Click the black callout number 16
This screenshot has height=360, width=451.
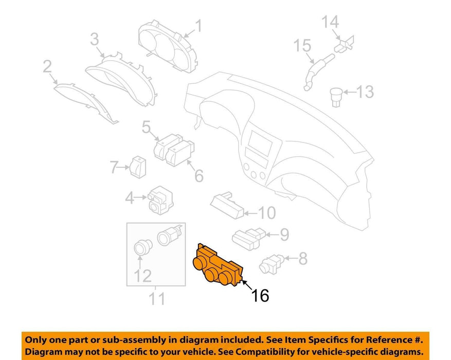pyautogui.click(x=260, y=295)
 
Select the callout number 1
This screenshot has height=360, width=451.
pyautogui.click(x=199, y=26)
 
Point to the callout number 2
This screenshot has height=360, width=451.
pyautogui.click(x=47, y=66)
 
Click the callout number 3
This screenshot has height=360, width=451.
pyautogui.click(x=95, y=39)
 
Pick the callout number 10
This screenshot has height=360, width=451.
pyautogui.click(x=267, y=213)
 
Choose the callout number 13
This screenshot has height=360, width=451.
pyautogui.click(x=365, y=92)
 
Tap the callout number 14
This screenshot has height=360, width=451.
pyautogui.click(x=330, y=22)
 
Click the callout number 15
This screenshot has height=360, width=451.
pyautogui.click(x=302, y=45)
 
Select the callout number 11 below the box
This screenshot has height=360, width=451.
pyautogui.click(x=157, y=298)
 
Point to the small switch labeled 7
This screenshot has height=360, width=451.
pyautogui.click(x=138, y=167)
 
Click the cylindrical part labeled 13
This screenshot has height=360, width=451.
pyautogui.click(x=336, y=97)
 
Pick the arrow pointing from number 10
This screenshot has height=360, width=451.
pyautogui.click(x=250, y=213)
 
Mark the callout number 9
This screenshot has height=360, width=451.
pyautogui.click(x=284, y=235)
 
